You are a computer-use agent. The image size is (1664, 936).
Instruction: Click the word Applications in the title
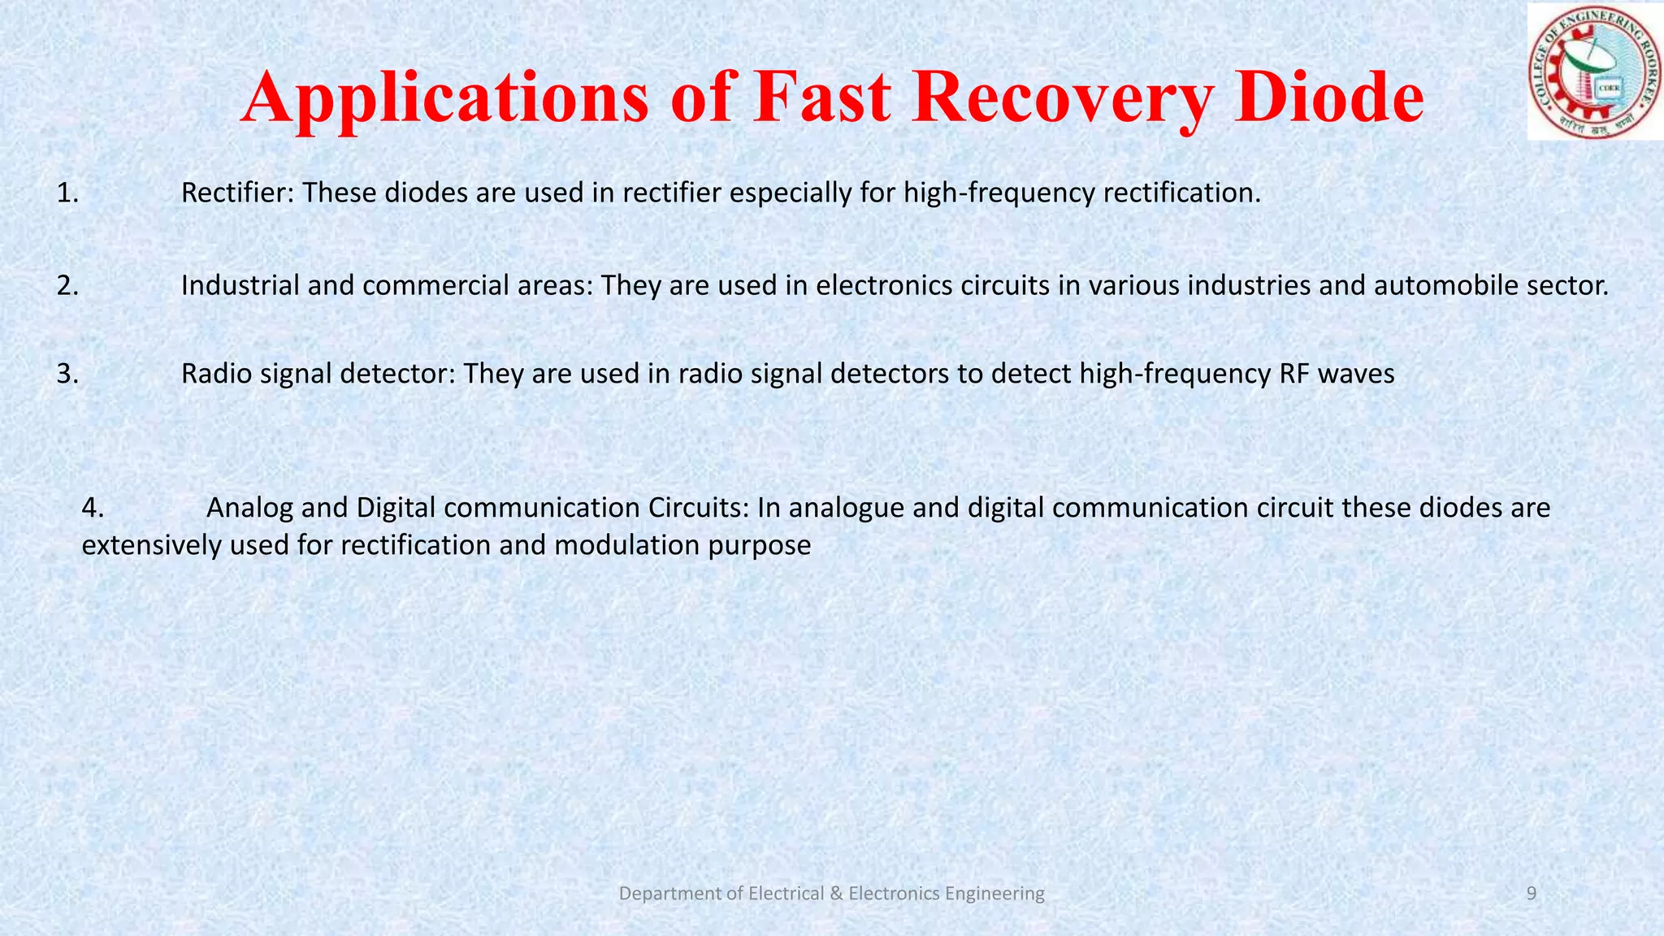444,99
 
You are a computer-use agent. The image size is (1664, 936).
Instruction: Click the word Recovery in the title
1061,99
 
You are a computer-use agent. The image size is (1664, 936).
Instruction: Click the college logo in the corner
1595,71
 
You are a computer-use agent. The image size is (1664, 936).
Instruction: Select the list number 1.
67,193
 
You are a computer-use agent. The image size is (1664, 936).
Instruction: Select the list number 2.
67,286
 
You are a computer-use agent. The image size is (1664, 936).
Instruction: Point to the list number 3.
67,374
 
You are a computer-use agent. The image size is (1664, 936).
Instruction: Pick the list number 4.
93,508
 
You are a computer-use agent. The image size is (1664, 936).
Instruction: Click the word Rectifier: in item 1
237,193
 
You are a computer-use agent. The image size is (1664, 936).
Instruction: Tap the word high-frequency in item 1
999,193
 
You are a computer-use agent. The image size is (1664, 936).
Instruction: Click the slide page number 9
1532,894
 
